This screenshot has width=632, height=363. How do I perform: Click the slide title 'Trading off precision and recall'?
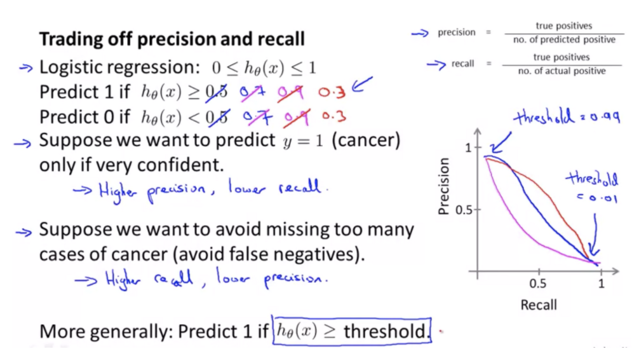(171, 39)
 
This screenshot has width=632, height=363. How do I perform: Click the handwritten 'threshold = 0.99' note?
(567, 118)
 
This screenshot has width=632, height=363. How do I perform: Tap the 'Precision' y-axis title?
(443, 186)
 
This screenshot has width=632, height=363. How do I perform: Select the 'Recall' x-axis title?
(539, 305)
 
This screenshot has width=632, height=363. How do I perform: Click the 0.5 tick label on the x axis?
(538, 284)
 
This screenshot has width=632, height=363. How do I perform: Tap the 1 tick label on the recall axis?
(602, 284)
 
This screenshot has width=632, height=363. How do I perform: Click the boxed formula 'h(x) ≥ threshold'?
(351, 331)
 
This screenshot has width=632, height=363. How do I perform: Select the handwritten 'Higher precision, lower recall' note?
(201, 190)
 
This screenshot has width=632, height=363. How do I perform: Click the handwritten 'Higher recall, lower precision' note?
(201, 278)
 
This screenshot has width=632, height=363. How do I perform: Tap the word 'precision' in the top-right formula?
(457, 32)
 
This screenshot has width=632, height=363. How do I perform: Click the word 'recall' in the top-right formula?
(462, 64)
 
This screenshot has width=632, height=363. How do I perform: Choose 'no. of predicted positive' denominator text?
(564, 39)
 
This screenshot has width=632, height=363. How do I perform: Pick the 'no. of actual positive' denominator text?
(562, 71)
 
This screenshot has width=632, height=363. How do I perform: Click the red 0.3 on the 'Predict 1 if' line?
(332, 92)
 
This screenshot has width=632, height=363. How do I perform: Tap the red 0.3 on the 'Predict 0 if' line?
(334, 116)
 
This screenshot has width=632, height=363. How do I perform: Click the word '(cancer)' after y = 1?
(366, 140)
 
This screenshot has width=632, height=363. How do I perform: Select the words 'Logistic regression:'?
(119, 67)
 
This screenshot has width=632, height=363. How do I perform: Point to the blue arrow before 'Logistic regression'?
(26, 68)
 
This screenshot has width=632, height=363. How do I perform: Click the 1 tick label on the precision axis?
(468, 147)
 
